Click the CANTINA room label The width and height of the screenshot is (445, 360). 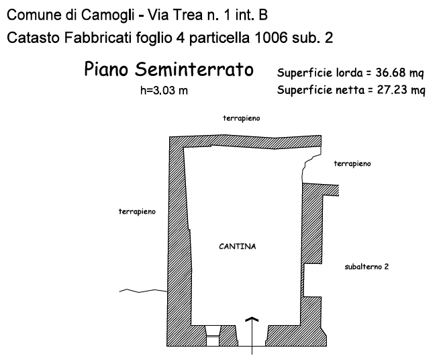pos(237,246)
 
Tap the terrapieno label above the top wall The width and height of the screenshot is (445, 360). pos(241,118)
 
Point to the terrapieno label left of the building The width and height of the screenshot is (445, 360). pos(137,212)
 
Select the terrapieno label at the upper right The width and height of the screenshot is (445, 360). pos(352,163)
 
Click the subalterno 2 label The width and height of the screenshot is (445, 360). pos(366,267)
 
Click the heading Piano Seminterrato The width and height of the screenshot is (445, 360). pos(168,71)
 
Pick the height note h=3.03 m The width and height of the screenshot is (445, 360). pos(164,91)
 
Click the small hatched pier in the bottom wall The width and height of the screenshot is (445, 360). pos(229,334)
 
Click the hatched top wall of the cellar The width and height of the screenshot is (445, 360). pos(245,142)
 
